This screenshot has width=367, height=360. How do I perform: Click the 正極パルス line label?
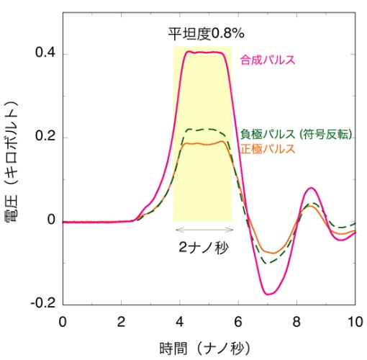[x=267, y=149]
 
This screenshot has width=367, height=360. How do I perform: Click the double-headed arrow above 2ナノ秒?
[x=203, y=230]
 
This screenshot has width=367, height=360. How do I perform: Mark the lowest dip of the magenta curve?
[x=268, y=294]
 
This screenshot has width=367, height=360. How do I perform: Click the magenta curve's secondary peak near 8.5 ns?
[x=311, y=188]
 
